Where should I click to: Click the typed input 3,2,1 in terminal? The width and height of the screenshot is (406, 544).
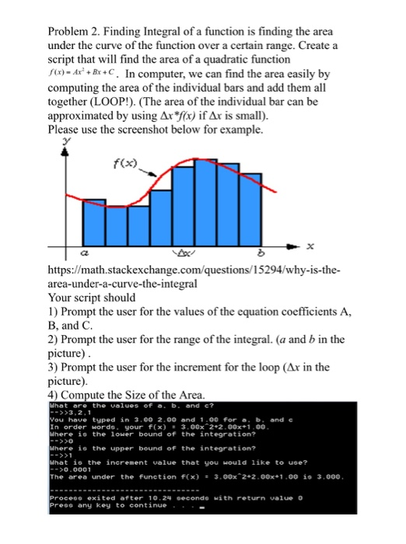pyautogui.click(x=72, y=411)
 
